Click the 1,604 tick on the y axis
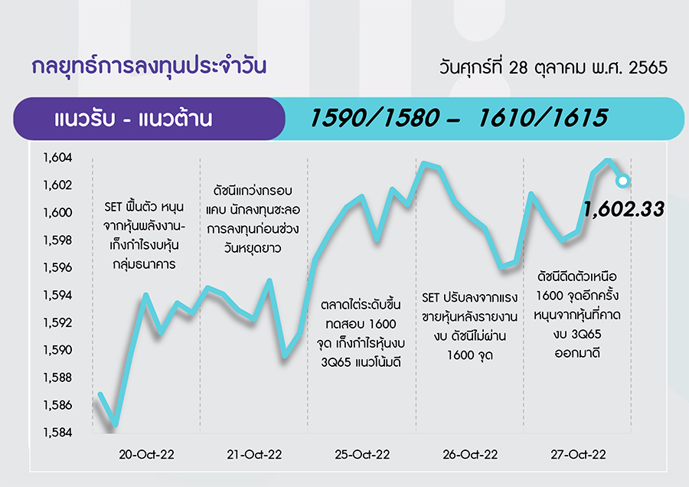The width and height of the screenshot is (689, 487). [x=57, y=157]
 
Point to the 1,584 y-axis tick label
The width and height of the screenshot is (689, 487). [x=57, y=433]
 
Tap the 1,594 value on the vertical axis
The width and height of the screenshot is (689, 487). [x=57, y=295]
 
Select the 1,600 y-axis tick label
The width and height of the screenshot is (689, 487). [x=57, y=212]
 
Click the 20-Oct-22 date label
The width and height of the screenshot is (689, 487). [x=146, y=455]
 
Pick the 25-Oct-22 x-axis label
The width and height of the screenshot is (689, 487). [x=362, y=455]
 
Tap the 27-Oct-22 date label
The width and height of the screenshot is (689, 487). [x=578, y=455]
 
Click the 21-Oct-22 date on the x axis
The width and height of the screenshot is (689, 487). [x=254, y=455]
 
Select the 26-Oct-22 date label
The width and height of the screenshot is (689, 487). [x=470, y=455]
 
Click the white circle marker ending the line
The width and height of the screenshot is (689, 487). [x=622, y=181]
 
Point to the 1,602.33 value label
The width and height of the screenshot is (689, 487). [x=623, y=209]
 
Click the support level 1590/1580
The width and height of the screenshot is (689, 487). [x=374, y=118]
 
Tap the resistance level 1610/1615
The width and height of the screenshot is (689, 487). [x=543, y=118]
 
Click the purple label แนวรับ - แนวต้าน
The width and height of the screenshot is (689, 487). [x=133, y=119]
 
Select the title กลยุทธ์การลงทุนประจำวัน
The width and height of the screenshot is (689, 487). [x=149, y=67]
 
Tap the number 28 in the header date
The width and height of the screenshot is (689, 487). [x=518, y=67]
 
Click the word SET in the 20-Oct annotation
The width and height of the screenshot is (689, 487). [x=113, y=207]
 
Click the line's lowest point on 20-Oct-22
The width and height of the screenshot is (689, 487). [x=116, y=424]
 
